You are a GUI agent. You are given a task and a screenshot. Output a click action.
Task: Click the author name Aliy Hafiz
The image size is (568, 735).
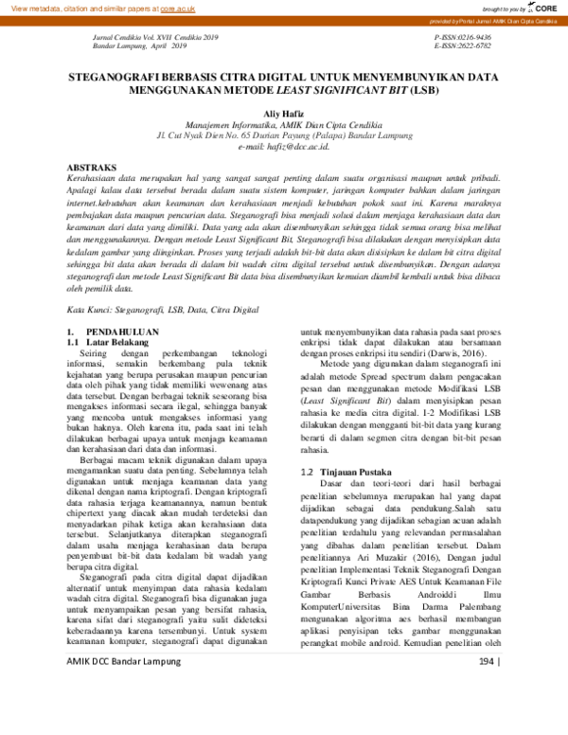point(284,113)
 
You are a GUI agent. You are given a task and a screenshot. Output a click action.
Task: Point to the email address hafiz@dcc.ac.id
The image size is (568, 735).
point(284,147)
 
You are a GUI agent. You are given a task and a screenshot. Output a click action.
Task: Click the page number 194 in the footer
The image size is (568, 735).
point(488,712)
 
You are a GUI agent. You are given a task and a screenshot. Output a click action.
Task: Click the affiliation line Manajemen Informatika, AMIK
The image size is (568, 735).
point(284,124)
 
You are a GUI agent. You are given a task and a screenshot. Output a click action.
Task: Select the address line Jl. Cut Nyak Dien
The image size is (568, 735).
point(284,135)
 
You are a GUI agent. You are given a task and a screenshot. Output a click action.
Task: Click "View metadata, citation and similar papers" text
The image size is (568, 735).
point(80,8)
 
